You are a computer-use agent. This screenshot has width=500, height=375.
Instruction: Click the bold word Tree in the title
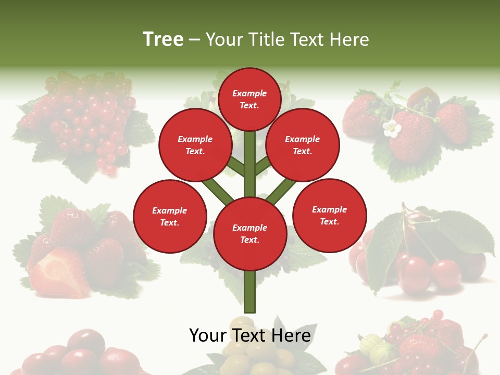tap(163, 39)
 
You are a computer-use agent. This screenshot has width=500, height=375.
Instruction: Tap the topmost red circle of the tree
tap(249, 99)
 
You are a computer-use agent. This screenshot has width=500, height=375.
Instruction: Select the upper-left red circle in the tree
tap(195, 145)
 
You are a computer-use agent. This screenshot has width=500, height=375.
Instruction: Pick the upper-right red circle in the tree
tap(302, 145)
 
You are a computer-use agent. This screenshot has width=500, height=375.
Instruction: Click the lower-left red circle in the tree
tap(169, 216)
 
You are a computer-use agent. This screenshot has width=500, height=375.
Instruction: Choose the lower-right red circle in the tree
tap(329, 215)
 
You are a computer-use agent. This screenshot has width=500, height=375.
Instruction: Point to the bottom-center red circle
tap(249, 233)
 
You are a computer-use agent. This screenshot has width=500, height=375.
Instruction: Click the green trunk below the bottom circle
tap(249, 292)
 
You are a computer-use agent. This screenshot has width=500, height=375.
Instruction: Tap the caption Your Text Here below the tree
tap(249, 335)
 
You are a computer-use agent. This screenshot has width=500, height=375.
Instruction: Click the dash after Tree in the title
tap(194, 40)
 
